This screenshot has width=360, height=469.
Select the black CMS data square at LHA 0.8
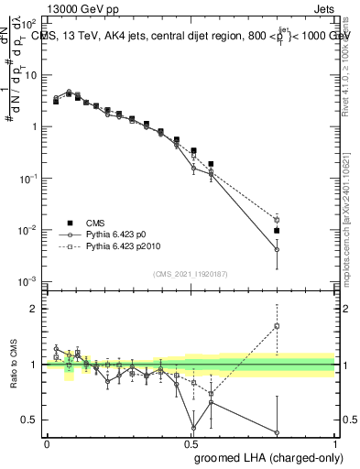(x=277, y=231)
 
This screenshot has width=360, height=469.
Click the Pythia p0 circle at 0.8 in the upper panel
(x=277, y=249)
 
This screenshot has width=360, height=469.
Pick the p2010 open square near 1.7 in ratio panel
(x=277, y=326)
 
